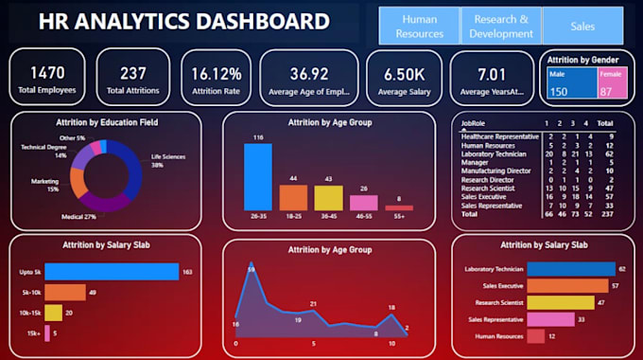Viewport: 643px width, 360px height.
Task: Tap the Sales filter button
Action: pyautogui.click(x=582, y=26)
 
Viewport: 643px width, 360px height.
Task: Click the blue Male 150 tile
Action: pyautogui.click(x=569, y=84)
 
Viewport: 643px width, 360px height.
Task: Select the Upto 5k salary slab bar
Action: pyautogui.click(x=112, y=272)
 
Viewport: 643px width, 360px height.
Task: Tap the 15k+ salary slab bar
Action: pyautogui.click(x=49, y=332)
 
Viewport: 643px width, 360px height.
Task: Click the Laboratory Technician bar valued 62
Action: pyautogui.click(x=570, y=269)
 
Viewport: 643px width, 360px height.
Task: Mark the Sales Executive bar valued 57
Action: pyautogui.click(x=567, y=285)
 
